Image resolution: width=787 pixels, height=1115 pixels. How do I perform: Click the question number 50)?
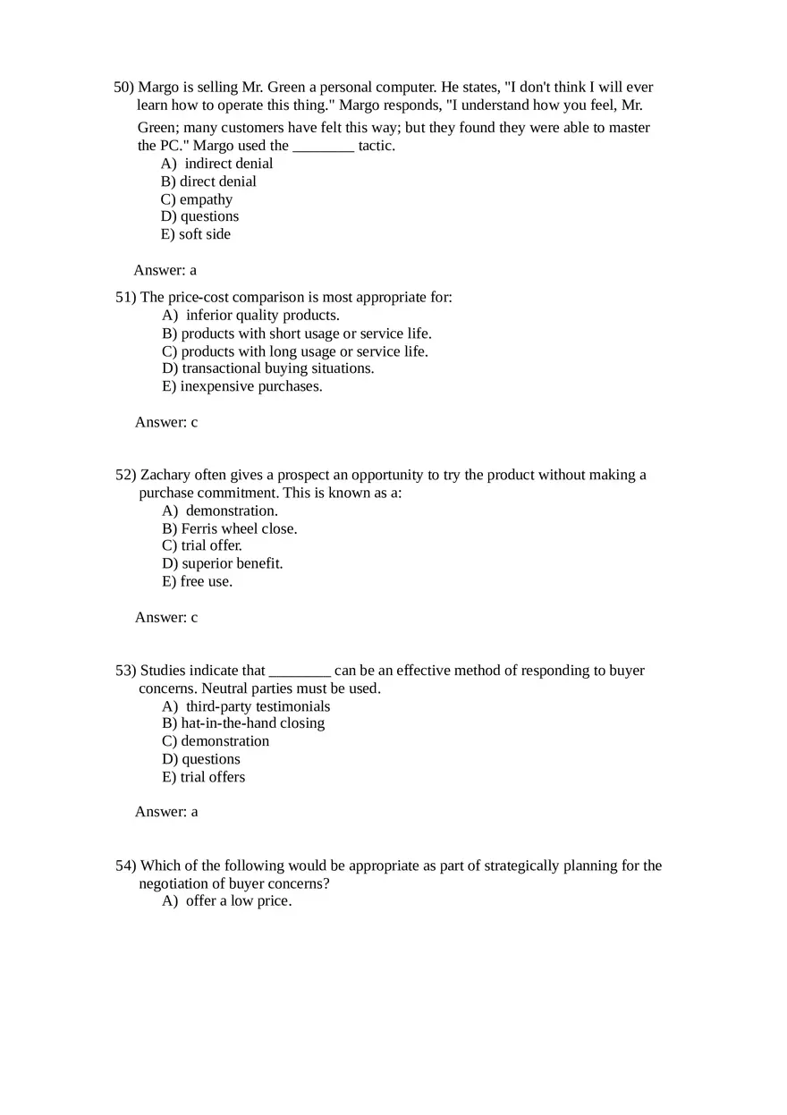pos(123,88)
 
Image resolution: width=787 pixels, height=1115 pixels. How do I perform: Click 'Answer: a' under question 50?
pos(165,270)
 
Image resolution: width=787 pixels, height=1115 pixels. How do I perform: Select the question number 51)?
pos(125,297)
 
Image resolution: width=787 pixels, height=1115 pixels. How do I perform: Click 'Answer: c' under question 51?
pos(166,422)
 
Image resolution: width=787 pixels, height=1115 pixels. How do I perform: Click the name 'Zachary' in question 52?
pos(164,475)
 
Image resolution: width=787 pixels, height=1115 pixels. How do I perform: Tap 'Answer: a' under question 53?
pos(166,812)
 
